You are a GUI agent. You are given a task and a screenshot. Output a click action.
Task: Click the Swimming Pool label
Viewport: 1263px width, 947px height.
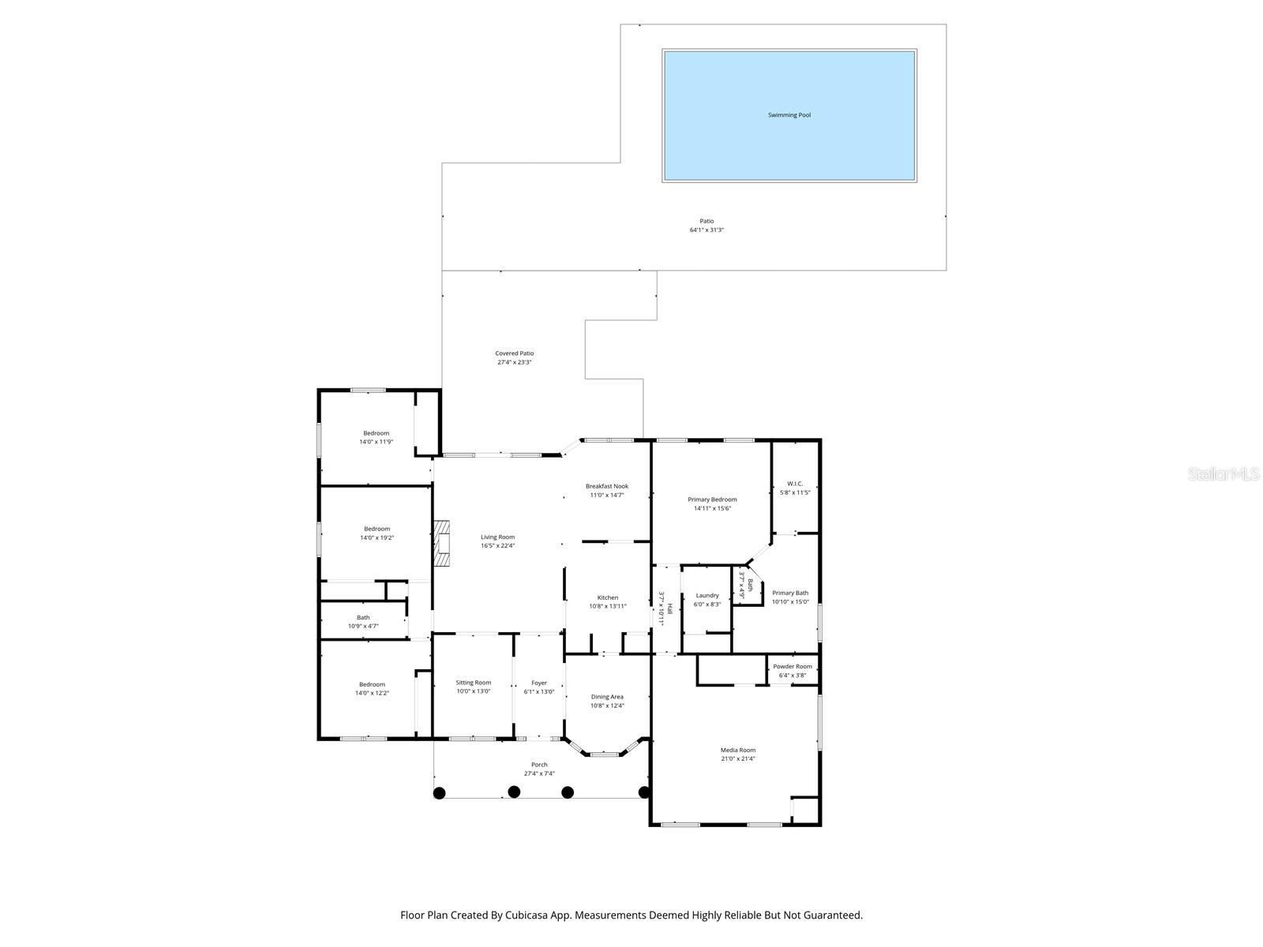coord(789,115)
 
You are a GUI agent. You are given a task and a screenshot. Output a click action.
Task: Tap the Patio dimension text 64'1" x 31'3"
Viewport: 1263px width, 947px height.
coord(706,230)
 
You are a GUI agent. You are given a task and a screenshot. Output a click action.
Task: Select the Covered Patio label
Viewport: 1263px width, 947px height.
coord(515,354)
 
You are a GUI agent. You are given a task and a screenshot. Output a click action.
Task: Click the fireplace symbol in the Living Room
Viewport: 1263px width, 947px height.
coord(442,544)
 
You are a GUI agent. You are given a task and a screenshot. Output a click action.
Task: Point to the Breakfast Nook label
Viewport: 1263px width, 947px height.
coord(607,486)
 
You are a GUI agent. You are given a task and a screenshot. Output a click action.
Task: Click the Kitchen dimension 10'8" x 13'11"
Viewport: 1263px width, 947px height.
coord(607,606)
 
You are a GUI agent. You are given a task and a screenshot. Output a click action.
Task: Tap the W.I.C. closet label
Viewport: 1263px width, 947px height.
coord(795,483)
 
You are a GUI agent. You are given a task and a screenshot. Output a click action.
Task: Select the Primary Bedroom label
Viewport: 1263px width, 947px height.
coord(712,500)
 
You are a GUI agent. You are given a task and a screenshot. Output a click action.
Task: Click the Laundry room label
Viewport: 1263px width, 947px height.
coord(707,596)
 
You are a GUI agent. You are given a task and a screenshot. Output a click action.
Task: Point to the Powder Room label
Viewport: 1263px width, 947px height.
coord(793,667)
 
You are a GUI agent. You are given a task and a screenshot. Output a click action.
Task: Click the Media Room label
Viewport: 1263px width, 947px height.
coord(737,750)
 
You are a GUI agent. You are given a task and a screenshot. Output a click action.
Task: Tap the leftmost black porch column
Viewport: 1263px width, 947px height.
coord(440,792)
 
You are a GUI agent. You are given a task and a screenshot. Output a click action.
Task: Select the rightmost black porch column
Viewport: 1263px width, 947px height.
coord(644,792)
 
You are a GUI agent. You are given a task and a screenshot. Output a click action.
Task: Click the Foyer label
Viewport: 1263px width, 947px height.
coord(539,683)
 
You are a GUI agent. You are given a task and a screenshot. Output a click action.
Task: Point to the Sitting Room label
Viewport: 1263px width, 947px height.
coord(473,683)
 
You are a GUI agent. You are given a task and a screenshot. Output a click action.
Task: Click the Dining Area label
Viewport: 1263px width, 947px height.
coord(607,697)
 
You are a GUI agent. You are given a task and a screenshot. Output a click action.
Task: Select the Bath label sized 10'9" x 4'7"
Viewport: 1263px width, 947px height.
coord(363,618)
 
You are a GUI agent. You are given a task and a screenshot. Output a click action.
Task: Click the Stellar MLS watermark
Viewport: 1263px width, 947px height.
coord(1224,474)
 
